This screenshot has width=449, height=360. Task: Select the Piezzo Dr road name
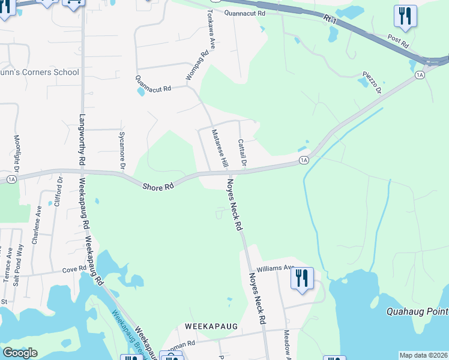pyautogui.click(x=372, y=82)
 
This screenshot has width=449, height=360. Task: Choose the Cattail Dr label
pyautogui.click(x=241, y=152)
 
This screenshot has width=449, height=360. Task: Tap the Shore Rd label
pyautogui.click(x=158, y=187)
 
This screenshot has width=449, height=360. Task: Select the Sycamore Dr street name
pyautogui.click(x=122, y=149)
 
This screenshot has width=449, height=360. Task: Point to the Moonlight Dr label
pyautogui.click(x=17, y=152)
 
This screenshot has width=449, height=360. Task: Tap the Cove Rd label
pyautogui.click(x=74, y=271)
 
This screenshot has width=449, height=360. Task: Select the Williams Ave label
pyautogui.click(x=276, y=269)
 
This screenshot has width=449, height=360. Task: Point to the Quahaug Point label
pyautogui.click(x=417, y=311)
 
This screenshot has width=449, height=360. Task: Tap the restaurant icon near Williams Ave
pyautogui.click(x=302, y=278)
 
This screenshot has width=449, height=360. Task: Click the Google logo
pyautogui.click(x=20, y=353)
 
